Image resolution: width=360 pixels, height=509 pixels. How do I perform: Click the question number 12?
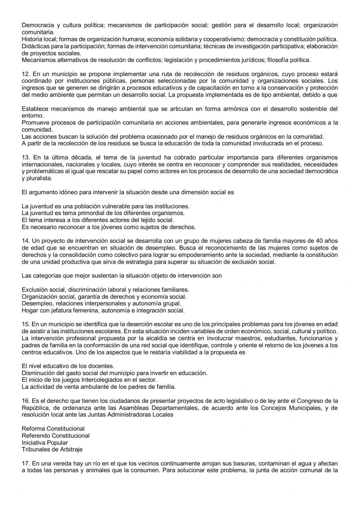pos(25,74)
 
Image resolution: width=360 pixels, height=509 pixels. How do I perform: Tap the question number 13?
pos(25,157)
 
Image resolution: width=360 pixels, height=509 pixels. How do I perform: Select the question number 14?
pos(25,241)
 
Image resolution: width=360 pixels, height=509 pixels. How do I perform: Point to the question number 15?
pos(25,324)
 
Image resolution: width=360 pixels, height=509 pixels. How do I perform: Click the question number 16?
pos(25,401)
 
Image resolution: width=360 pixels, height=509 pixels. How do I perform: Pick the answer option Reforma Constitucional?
pos(53,429)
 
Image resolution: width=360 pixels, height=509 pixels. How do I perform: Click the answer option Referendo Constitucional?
pos(55,436)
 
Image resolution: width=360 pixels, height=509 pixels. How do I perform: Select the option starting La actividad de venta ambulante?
pos(99,387)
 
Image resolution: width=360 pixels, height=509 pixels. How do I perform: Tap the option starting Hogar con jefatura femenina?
pos(103,310)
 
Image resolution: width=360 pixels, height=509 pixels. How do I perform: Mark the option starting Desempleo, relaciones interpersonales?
pos(101,303)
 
